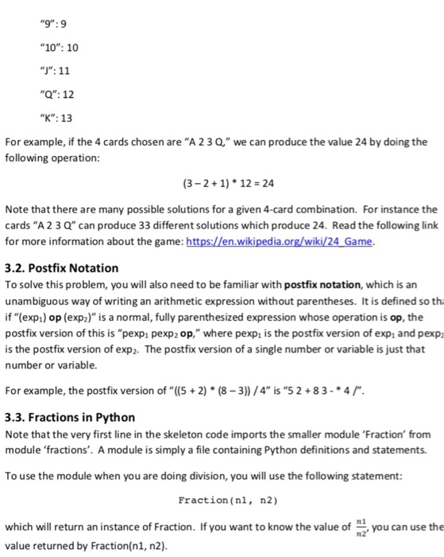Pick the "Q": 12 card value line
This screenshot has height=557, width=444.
pyautogui.click(x=48, y=95)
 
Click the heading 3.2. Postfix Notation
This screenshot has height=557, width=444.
pyautogui.click(x=62, y=268)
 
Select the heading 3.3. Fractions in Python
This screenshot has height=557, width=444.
pyautogui.click(x=70, y=417)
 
